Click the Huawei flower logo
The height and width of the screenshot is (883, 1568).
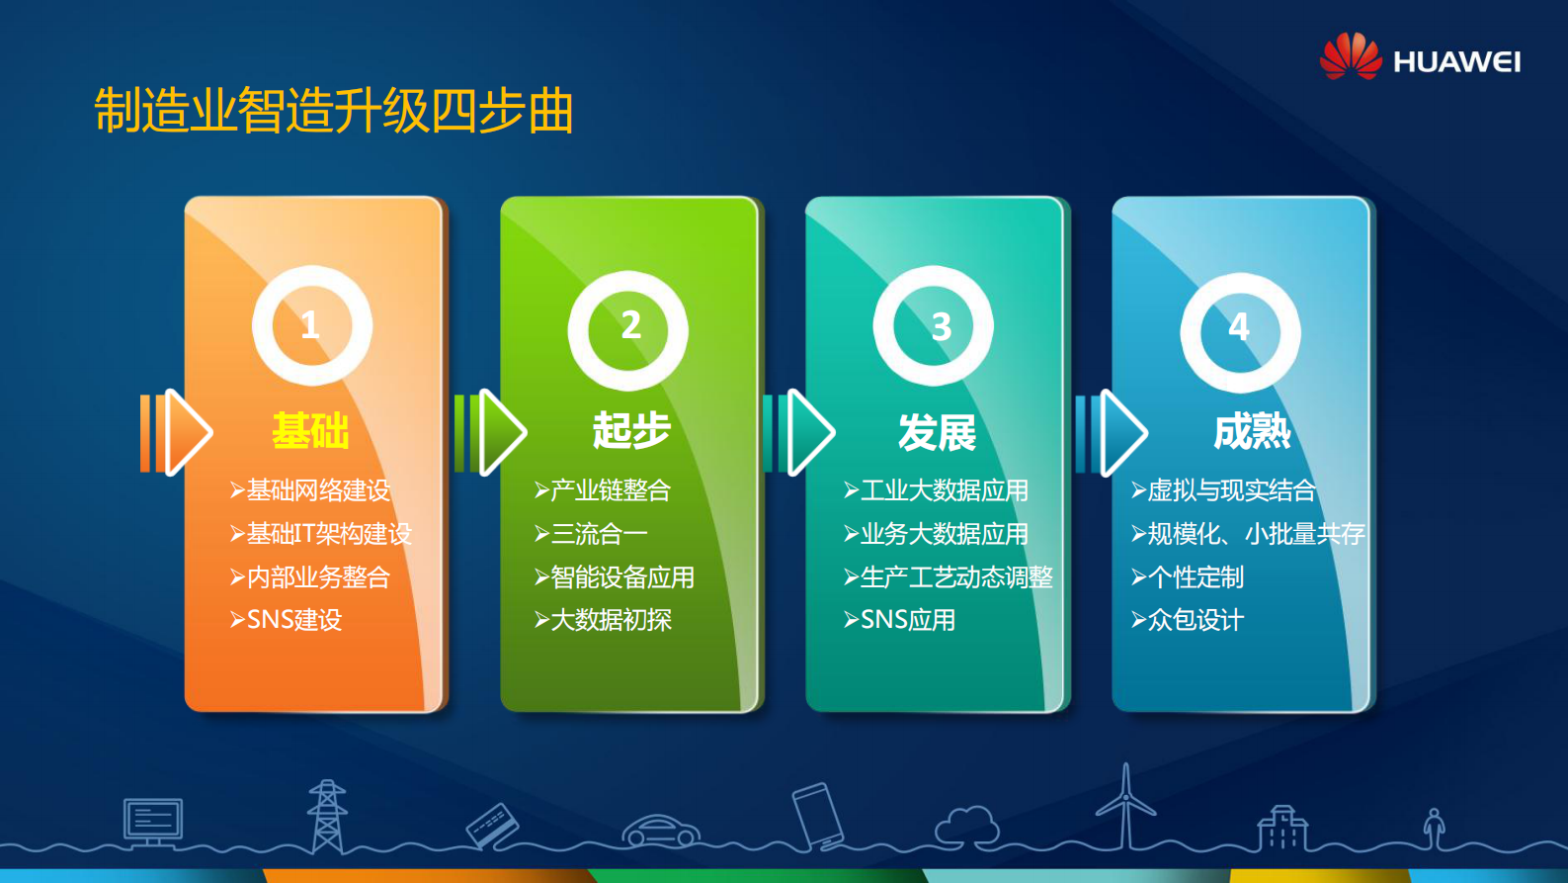1350,56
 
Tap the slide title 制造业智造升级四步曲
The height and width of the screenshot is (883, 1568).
334,110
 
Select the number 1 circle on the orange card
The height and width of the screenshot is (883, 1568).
311,325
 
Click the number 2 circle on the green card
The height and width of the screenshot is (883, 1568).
628,329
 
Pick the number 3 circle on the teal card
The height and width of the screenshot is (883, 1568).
934,326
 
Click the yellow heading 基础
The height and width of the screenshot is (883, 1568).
310,431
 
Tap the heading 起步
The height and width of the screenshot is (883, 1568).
631,431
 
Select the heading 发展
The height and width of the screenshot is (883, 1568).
937,433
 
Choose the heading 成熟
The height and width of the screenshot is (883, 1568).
1252,432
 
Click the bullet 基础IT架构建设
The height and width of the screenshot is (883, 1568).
328,534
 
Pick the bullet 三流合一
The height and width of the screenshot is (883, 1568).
598,534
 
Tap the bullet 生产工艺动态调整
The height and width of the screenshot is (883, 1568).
955,577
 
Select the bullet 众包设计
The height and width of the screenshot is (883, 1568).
1195,620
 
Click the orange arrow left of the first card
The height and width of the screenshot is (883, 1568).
177,432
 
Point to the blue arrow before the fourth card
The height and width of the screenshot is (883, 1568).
1113,432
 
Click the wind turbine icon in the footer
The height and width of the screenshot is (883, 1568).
1125,806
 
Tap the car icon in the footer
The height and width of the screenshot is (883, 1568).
661,831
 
